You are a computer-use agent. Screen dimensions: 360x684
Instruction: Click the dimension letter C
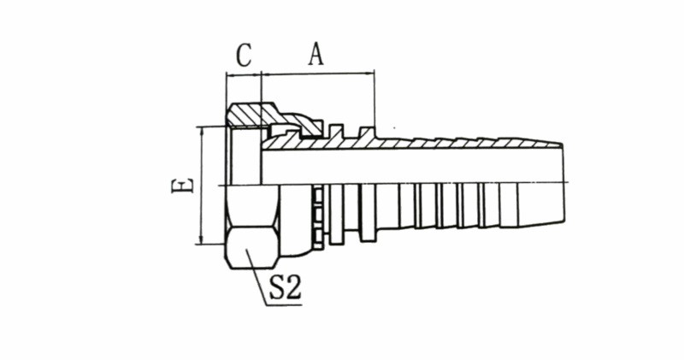244,56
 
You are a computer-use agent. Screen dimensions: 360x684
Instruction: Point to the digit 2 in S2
292,287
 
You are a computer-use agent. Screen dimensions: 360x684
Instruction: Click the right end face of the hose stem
563,185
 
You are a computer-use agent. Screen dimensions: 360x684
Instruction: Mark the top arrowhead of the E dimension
201,131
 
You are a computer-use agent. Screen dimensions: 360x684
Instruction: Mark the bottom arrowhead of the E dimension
201,240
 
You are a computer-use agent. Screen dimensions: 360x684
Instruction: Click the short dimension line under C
244,74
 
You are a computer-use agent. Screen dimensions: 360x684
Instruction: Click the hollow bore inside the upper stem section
410,167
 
